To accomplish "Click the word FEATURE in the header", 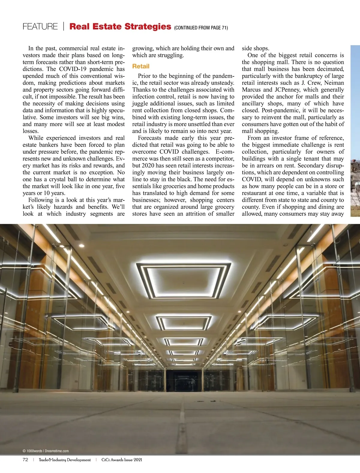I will (x=40, y=27).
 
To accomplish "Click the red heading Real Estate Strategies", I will (x=120, y=26).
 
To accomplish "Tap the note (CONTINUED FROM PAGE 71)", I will (x=201, y=28).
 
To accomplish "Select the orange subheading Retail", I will (x=141, y=66).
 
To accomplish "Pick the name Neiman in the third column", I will (x=334, y=83).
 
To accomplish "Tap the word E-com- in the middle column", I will (x=225, y=152).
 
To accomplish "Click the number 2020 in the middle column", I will (x=148, y=166).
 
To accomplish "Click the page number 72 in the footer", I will (x=25, y=460).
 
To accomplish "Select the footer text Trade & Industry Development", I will (x=64, y=460).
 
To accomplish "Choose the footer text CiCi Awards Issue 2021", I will (x=122, y=460).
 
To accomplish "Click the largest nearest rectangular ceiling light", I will (x=183, y=280).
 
